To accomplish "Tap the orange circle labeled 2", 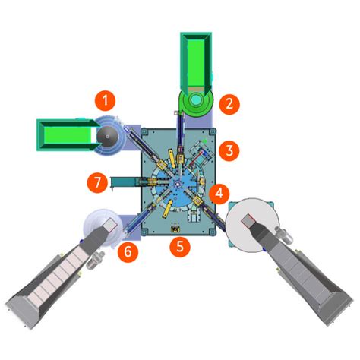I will pos(227,103).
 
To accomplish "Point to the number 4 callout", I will pos(220,193).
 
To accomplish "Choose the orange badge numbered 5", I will pos(178,245).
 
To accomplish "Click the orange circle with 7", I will pos(95,182).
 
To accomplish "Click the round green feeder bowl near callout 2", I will pos(196,100).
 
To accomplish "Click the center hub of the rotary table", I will pos(175,185).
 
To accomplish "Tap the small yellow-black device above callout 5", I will pos(177,228).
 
